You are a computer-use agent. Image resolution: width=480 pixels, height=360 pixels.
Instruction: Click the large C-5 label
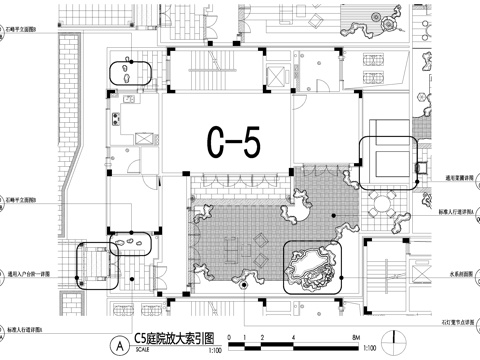(233, 142)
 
